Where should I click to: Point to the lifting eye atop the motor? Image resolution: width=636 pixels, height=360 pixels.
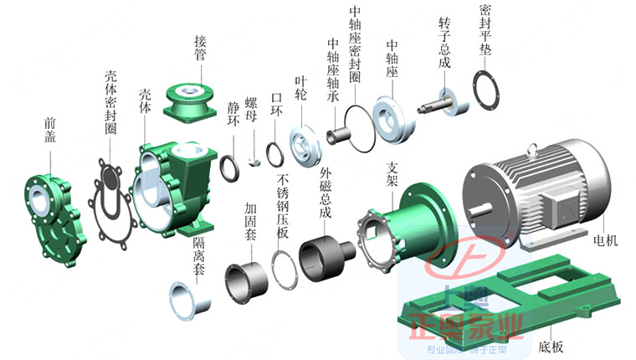click(x=530, y=150)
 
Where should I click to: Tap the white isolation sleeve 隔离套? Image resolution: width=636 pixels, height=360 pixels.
click(x=186, y=300)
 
